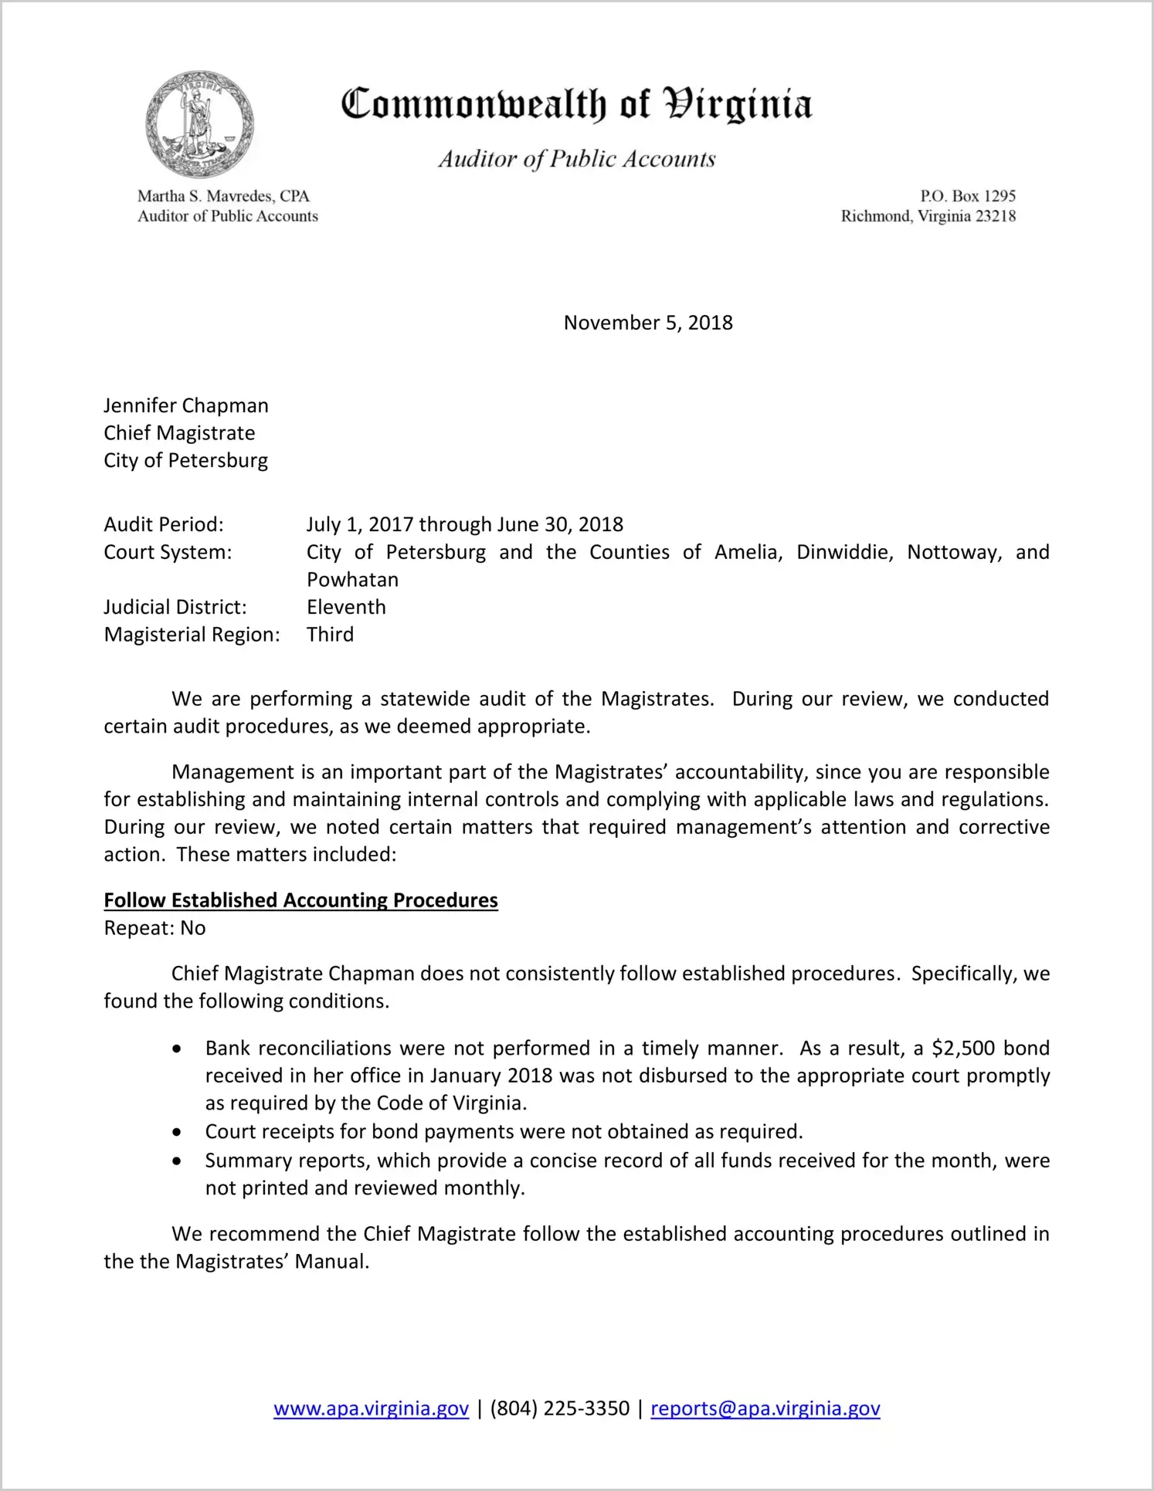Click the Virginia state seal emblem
pos(199,124)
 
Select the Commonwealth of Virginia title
pos(576,105)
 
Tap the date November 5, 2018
pos(648,323)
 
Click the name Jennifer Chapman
pos(186,406)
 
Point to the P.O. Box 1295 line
pos(967,196)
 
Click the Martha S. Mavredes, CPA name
pos(223,196)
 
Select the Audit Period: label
pos(164,525)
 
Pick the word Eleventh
pos(346,608)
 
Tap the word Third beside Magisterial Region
pos(330,635)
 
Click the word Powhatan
pos(352,580)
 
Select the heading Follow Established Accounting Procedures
pos(300,900)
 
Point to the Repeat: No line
pos(154,928)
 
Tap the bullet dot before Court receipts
pos(178,1133)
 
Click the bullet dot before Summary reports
pos(178,1161)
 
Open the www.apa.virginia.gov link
pos(371,1409)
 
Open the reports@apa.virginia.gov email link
pos(765,1409)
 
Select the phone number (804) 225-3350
pos(559,1409)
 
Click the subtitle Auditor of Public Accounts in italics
pos(576,159)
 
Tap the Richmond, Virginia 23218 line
pos(928,216)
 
